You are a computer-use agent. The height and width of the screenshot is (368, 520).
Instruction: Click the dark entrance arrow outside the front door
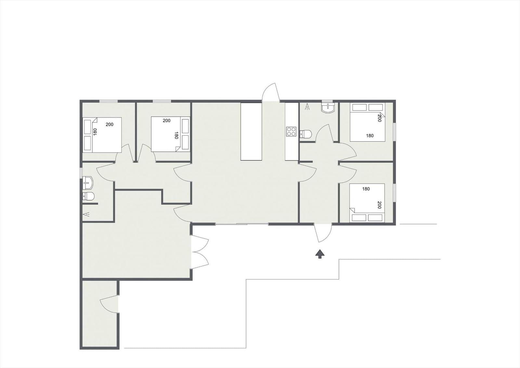coord(320,254)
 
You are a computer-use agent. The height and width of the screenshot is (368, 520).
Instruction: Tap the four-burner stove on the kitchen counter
coord(291,131)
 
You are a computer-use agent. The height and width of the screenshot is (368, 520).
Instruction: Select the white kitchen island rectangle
coord(251,131)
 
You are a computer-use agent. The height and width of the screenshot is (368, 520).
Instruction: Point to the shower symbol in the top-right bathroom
coord(307,107)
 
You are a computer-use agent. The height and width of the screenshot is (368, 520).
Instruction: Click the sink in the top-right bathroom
coord(328,108)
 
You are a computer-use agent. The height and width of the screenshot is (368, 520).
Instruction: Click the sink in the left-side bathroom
coord(88,183)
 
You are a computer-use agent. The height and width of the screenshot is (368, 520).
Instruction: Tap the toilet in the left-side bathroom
coord(88,197)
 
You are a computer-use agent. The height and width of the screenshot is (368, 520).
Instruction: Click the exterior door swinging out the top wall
coord(270,92)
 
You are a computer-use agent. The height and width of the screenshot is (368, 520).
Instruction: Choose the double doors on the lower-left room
coord(200,252)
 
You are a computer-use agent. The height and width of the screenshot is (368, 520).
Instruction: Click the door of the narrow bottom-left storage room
coord(109,304)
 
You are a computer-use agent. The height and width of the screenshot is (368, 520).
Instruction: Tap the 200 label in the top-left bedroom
coord(110,124)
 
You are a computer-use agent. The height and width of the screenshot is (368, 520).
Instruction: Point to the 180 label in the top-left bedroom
coord(95,132)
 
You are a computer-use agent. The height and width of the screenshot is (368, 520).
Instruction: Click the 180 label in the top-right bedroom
coord(370,136)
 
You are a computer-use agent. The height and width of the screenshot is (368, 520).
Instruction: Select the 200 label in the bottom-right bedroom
coord(379,205)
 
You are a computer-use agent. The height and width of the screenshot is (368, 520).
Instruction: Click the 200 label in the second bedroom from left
coord(166,120)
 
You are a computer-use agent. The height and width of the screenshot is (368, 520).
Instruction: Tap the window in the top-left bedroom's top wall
coord(109,101)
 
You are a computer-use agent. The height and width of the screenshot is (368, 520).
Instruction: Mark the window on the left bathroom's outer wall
coord(81,173)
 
